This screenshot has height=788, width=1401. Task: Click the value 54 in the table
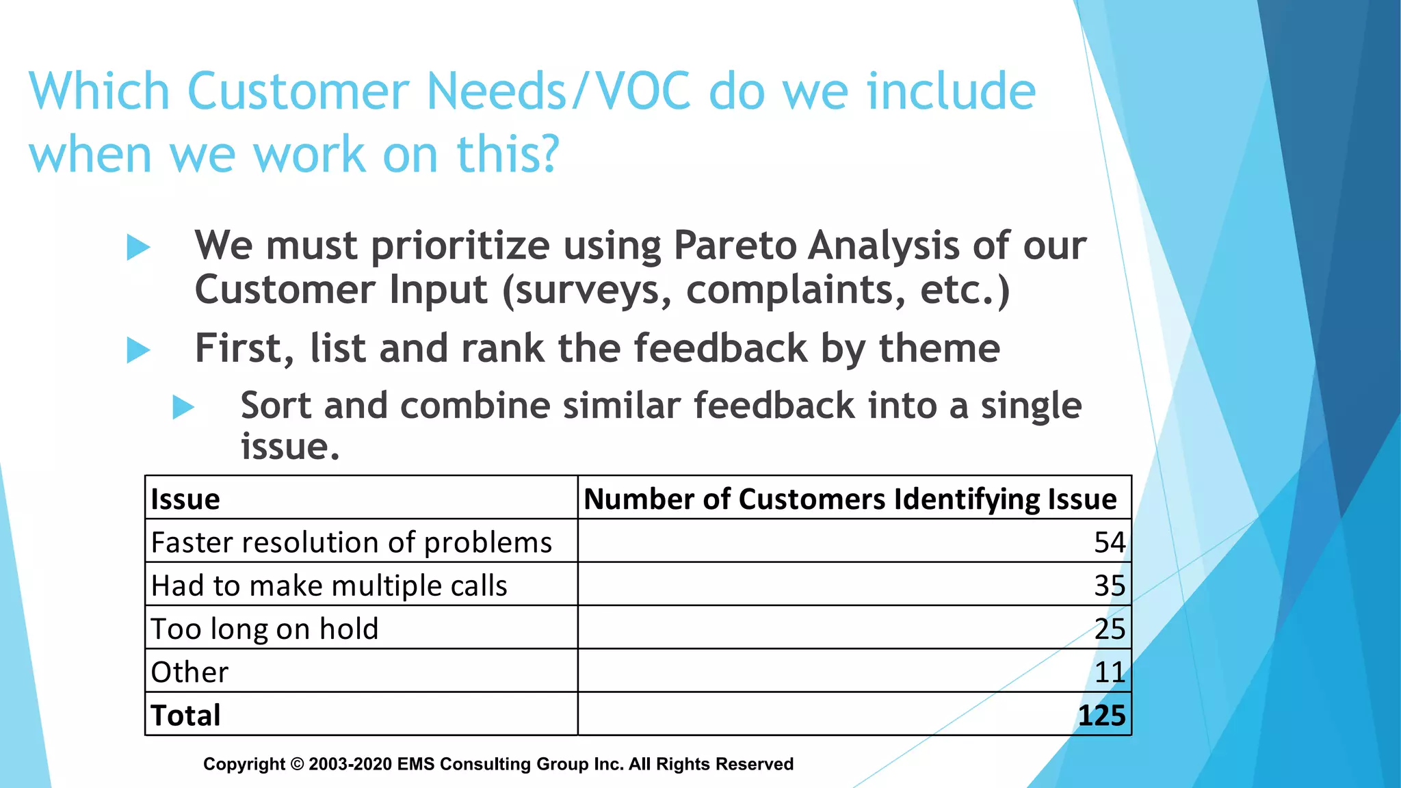point(1109,542)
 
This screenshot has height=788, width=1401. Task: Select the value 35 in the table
point(1109,586)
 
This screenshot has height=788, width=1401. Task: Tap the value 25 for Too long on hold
point(1109,629)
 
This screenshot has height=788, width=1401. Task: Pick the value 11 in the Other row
point(1109,672)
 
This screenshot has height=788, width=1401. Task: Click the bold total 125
point(1101,715)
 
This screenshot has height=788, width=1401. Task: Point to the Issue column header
point(185,499)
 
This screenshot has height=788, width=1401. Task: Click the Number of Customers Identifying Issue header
point(850,499)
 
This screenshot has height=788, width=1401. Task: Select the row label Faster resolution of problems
point(351,543)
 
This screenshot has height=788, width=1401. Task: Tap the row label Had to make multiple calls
point(329,586)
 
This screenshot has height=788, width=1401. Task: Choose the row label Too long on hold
point(264,629)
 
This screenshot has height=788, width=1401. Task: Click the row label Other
point(189,672)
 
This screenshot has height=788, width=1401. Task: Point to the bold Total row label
point(185,715)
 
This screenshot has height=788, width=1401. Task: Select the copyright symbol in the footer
point(297,764)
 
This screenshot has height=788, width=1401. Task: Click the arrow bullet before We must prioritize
point(138,247)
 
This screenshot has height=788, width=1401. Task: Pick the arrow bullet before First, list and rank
point(138,350)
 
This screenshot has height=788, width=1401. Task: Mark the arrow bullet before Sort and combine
point(183,407)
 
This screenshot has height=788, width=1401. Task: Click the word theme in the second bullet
point(939,348)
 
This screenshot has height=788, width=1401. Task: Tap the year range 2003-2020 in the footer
point(350,764)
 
